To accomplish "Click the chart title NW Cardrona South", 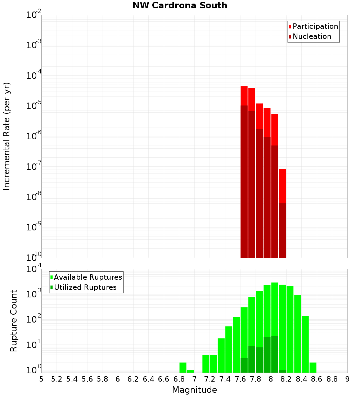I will pyautogui.click(x=180, y=5).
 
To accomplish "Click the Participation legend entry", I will pyautogui.click(x=315, y=26).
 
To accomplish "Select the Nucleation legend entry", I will pyautogui.click(x=311, y=36).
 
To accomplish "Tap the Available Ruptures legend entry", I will pyautogui.click(x=87, y=277).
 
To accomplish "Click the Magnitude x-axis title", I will pyautogui.click(x=194, y=390).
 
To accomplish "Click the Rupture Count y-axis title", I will pyautogui.click(x=14, y=320).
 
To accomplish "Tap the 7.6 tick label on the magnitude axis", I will pyautogui.click(x=240, y=379).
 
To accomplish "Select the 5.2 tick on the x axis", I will pyautogui.click(x=57, y=379).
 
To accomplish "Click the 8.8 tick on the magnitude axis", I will pyautogui.click(x=332, y=379).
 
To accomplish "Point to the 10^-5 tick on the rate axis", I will pyautogui.click(x=34, y=106).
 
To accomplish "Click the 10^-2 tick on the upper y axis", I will pyautogui.click(x=34, y=15).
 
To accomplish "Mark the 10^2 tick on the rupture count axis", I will pyautogui.click(x=34, y=320).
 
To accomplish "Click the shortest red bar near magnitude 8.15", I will pyautogui.click(x=282, y=187).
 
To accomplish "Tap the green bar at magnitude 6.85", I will pyautogui.click(x=183, y=368).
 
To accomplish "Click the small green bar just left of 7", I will pyautogui.click(x=190, y=371).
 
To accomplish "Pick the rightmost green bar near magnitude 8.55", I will pyautogui.click(x=313, y=368).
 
